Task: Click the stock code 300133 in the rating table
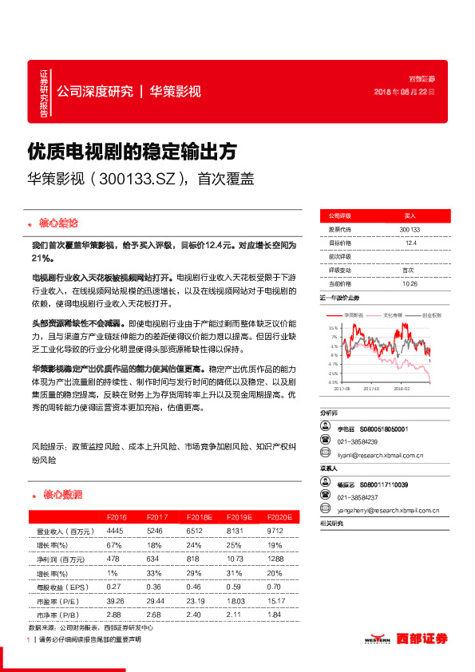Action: tap(410, 230)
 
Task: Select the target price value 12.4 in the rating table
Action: tap(410, 243)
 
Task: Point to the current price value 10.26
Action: tap(410, 283)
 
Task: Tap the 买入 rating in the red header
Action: tap(410, 216)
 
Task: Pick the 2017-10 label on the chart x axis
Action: tap(372, 389)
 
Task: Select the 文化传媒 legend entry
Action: tap(392, 315)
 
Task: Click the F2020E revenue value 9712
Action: tap(275, 530)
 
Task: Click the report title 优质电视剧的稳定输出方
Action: tap(132, 150)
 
